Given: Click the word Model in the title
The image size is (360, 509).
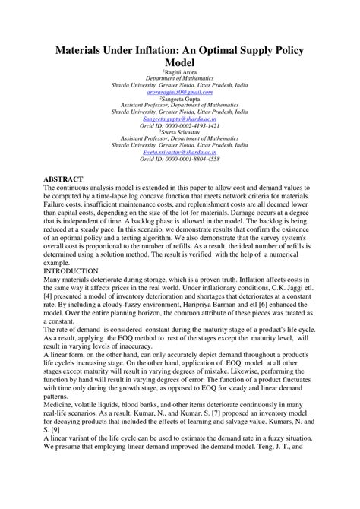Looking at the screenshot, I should (x=180, y=64).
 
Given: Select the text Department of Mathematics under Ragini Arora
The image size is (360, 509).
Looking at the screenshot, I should (x=180, y=78).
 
